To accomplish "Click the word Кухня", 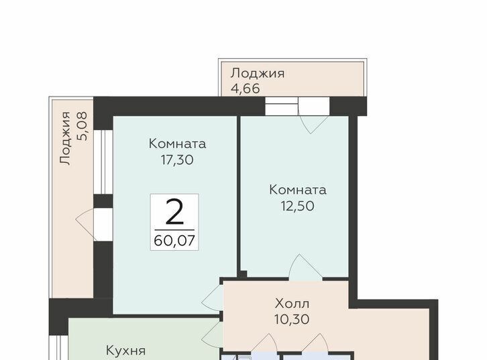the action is point(126,351).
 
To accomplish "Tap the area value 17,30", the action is point(177,160).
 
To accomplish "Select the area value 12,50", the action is point(298,206).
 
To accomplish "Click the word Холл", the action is point(292,304).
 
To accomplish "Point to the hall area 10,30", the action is point(292,319).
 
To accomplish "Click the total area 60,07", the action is point(174,241).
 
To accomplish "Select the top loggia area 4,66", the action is point(245,88).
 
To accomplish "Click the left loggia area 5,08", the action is point(83,127).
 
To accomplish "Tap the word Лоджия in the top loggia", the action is point(258,74).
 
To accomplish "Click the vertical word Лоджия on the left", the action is point(66,138).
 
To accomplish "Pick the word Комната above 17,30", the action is point(177,144).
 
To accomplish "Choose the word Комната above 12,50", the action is point(298,190).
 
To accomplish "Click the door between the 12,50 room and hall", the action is point(306,267).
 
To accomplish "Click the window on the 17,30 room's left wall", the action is point(103,162).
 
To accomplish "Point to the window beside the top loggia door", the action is point(282,106).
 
